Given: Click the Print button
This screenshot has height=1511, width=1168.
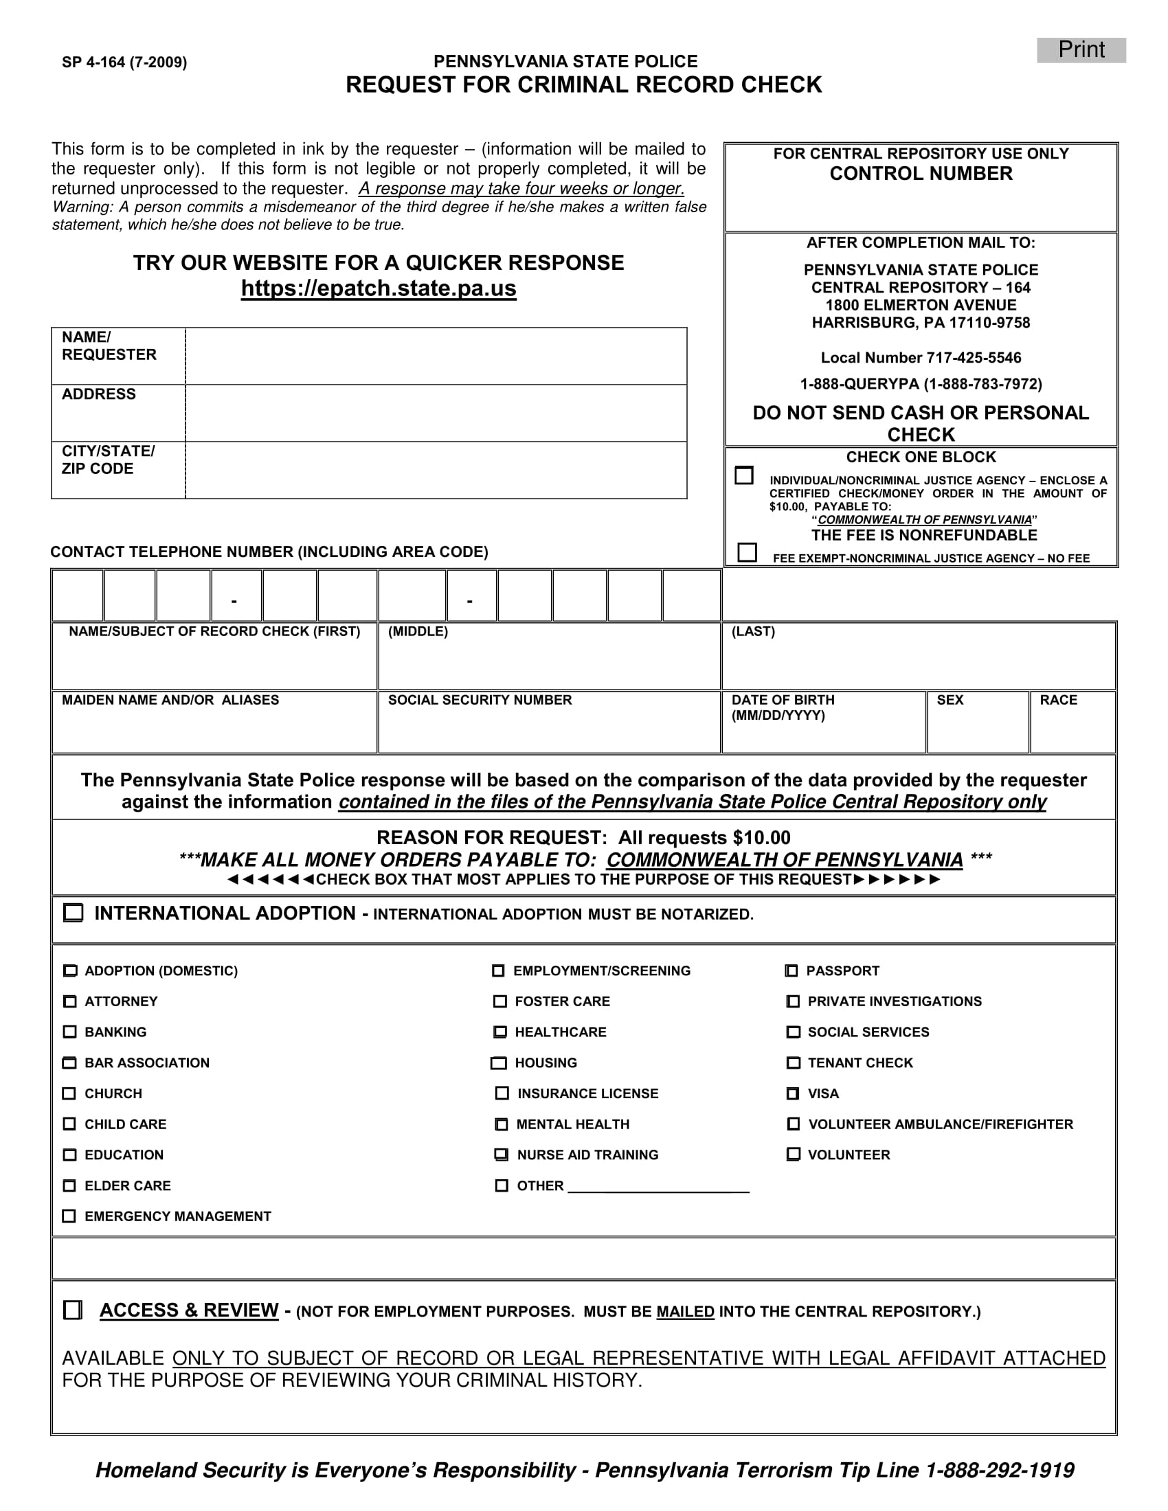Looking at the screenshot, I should [x=1081, y=50].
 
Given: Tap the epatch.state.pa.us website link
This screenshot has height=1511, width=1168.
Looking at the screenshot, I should [x=379, y=288].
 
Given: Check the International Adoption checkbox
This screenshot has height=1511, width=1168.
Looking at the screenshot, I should [x=73, y=913].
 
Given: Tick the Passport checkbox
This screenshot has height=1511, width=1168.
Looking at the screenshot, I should [x=791, y=970].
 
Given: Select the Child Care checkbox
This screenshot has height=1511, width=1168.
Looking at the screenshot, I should [x=69, y=1124].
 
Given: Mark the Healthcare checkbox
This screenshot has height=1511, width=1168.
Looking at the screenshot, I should [x=499, y=1032].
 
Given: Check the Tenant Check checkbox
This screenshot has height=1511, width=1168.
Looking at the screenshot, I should [x=793, y=1062].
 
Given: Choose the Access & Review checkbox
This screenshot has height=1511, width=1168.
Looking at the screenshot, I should [x=73, y=1310].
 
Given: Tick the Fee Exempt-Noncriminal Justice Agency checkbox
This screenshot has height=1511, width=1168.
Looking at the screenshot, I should [x=748, y=552].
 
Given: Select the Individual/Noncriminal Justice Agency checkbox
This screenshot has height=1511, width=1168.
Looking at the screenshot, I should [x=744, y=475].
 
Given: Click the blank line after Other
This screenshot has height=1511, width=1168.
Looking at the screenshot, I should [x=658, y=1186].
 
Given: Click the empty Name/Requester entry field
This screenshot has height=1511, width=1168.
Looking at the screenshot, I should [x=436, y=356].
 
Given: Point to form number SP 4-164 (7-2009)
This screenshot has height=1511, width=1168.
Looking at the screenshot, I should [x=124, y=63].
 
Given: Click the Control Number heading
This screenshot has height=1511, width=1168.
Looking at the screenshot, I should [x=921, y=174].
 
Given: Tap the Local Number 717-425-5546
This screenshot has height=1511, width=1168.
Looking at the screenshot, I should [x=921, y=358].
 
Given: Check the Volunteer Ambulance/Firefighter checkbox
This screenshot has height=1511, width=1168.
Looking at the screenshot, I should [x=794, y=1124].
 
